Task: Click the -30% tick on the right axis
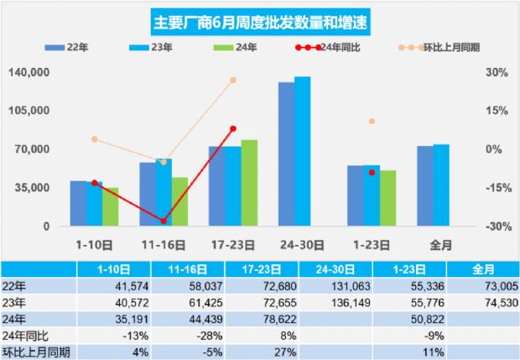click(x=494, y=227)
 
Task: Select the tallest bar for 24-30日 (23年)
click(x=302, y=151)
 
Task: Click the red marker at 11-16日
click(x=164, y=221)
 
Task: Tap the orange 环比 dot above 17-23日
click(x=233, y=80)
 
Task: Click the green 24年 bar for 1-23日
click(x=387, y=198)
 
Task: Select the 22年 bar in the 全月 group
click(x=425, y=185)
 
